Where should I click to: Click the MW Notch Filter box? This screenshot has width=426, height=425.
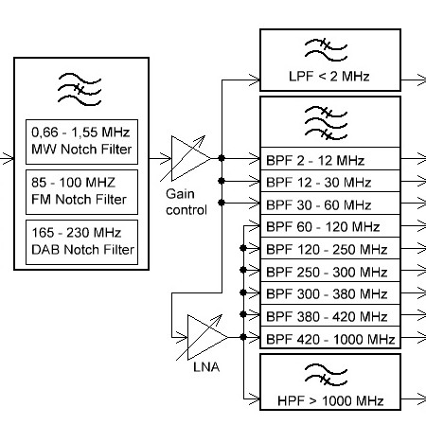81,142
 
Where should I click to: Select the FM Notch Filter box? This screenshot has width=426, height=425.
81,192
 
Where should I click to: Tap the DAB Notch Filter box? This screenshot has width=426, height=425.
81,242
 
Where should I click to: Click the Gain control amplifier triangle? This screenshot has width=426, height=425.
191,158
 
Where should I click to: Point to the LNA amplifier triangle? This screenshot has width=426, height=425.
207,337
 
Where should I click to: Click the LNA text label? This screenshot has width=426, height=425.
206,367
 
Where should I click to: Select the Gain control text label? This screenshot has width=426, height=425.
186,202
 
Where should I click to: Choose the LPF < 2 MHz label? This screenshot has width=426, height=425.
329,77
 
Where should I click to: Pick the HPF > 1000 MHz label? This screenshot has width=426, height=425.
330,400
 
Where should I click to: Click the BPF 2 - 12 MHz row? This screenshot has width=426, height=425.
330,158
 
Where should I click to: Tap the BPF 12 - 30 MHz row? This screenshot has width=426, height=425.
330,181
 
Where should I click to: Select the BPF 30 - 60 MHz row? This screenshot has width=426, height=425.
330,204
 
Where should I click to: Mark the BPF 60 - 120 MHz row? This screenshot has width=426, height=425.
330,226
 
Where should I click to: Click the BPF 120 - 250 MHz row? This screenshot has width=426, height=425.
330,248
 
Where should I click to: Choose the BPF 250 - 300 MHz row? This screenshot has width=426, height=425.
330,271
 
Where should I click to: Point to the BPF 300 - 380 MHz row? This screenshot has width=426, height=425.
330,293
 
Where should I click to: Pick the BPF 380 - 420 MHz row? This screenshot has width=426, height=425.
330,316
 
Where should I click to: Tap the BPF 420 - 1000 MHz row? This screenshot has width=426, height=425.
330,337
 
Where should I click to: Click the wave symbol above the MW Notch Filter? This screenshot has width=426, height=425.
80,90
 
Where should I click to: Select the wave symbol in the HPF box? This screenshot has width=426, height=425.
326,375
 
